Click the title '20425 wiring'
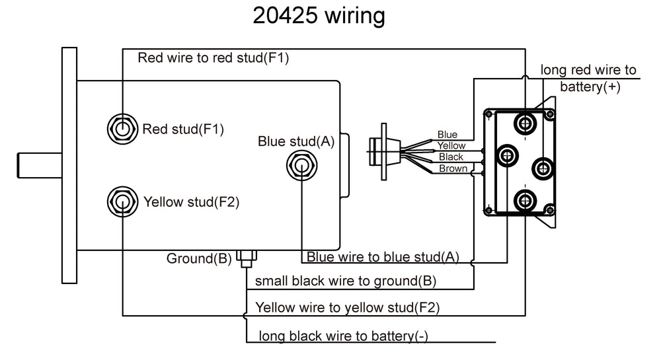[319, 16]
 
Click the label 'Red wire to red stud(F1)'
[213, 57]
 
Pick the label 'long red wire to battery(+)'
[588, 78]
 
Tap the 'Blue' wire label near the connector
[447, 135]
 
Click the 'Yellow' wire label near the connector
[451, 145]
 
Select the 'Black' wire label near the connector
[451, 157]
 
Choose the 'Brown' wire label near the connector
[453, 168]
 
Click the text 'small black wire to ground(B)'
[345, 281]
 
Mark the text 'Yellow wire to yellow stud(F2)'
[348, 307]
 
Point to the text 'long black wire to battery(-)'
[343, 336]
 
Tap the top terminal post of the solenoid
[526, 124]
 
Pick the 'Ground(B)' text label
[198, 258]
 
